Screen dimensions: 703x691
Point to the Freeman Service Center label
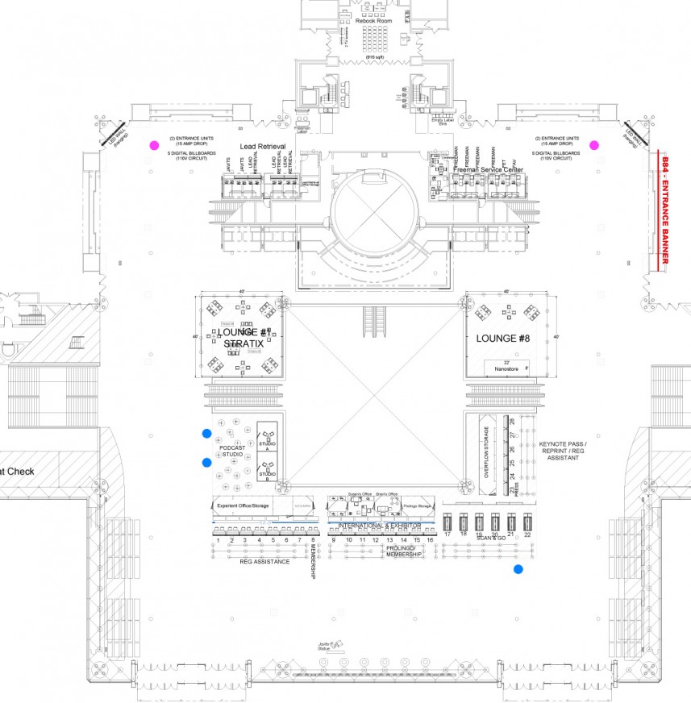(488, 170)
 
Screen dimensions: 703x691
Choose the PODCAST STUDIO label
(232, 451)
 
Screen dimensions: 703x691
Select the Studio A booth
(267, 440)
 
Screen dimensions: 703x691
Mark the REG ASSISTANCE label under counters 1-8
(259, 560)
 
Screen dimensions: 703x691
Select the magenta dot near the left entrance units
(154, 146)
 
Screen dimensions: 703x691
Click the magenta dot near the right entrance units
(594, 145)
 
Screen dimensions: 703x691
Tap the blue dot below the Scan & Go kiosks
(518, 570)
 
